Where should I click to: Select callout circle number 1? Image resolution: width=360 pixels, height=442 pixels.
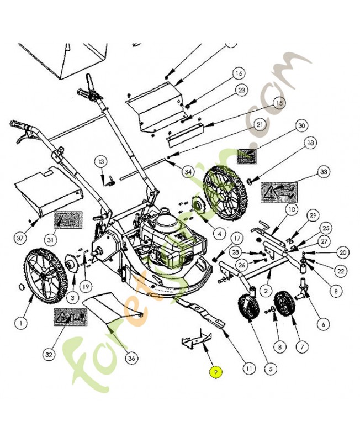pos(21,322)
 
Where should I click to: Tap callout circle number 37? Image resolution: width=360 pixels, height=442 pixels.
pos(20,238)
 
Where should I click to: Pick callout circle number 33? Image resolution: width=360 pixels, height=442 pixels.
pos(323,172)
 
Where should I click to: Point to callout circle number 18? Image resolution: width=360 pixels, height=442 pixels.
pos(310,143)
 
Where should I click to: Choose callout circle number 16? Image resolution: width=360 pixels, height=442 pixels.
pos(238,73)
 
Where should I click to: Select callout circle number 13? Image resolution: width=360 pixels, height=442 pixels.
pos(100,161)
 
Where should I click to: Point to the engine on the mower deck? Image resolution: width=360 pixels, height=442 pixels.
pos(168,243)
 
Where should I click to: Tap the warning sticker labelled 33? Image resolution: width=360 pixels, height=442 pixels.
pos(278,192)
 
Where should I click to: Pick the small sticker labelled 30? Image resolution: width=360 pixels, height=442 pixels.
pos(247,156)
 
